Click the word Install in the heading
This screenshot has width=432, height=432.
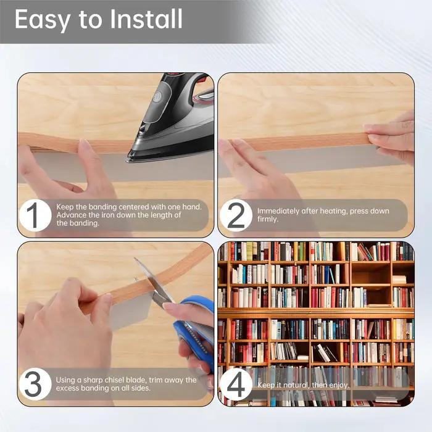click(x=146, y=19)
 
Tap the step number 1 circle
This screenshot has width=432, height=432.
click(x=35, y=215)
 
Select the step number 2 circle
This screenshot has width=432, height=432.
click(x=236, y=215)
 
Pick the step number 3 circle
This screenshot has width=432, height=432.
click(x=35, y=384)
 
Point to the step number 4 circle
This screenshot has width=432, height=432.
click(x=236, y=384)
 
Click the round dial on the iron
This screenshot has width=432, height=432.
click(x=157, y=96)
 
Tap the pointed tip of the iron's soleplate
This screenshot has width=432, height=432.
click(x=127, y=160)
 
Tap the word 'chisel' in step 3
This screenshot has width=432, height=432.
click(x=114, y=380)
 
